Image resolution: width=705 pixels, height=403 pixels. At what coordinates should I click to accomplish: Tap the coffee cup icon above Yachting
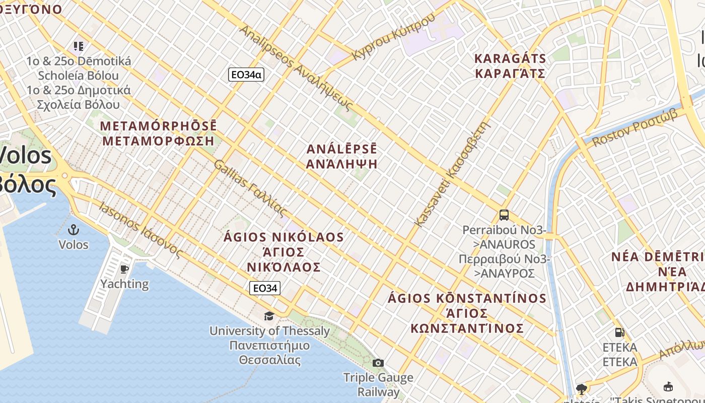pos(124,269)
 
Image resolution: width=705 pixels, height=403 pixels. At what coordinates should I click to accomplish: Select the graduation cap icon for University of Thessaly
pos(269,316)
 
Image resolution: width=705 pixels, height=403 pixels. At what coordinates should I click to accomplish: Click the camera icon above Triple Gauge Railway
pos(378,363)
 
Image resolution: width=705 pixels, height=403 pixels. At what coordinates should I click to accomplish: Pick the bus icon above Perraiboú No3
pos(504,215)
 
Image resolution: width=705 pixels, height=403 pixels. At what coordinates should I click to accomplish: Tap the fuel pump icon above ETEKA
pos(619,332)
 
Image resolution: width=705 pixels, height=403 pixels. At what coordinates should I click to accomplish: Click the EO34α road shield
pos(246,75)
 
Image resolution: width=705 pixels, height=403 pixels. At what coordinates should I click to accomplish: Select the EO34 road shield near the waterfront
pos(265,288)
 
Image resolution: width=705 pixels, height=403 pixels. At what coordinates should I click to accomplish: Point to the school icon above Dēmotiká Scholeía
pos(79,46)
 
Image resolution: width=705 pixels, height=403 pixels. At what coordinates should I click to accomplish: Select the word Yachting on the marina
pos(124,284)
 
